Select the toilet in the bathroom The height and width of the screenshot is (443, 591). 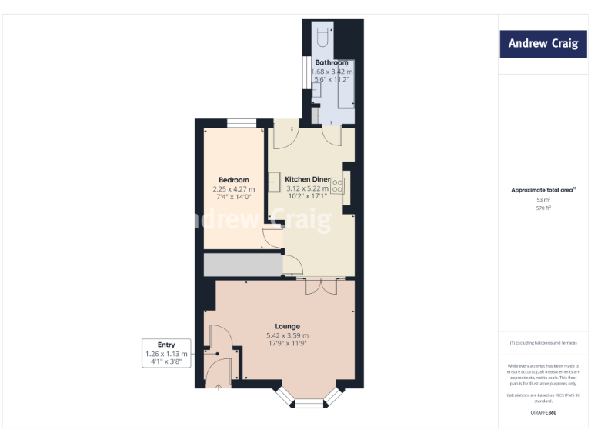323,35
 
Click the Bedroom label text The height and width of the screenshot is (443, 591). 234,180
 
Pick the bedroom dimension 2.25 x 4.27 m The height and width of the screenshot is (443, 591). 234,189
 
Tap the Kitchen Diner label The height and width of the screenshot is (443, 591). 307,178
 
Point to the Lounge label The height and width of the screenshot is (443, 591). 287,326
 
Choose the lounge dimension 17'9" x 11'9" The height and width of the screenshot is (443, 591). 287,344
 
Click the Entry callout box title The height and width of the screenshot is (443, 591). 166,345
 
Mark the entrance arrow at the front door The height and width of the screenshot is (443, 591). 218,387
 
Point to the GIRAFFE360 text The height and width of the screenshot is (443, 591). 543,414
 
